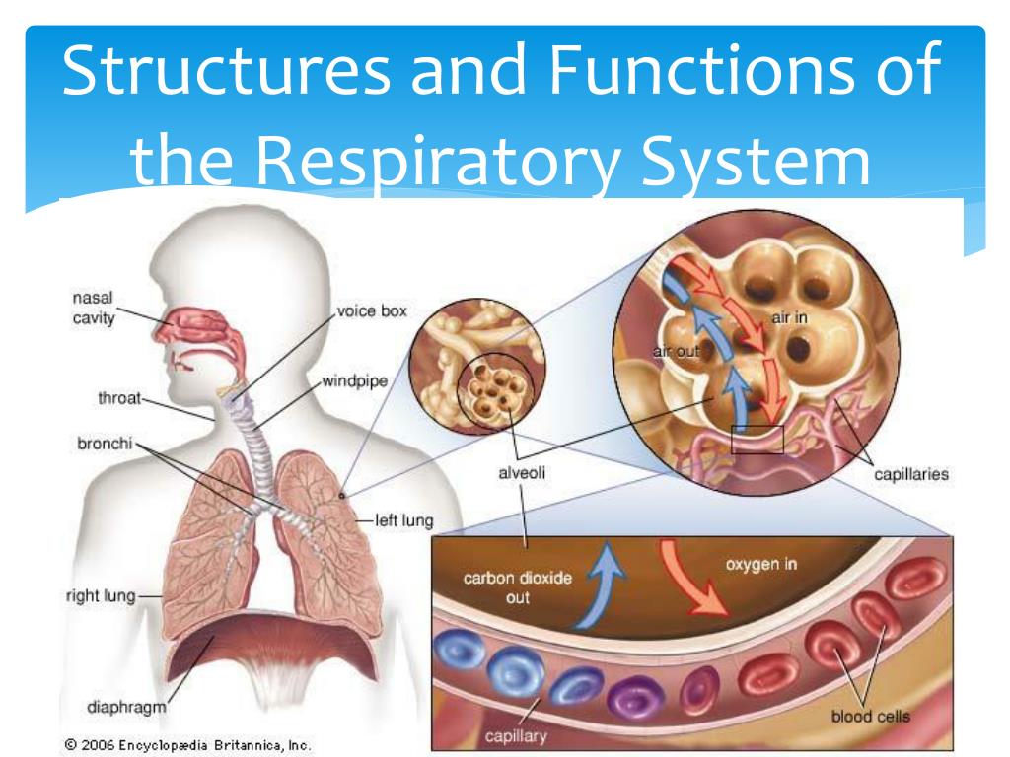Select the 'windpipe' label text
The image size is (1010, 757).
[352, 380]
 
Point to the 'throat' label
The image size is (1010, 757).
[119, 399]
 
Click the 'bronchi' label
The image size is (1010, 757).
[105, 443]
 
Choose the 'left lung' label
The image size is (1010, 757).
[404, 519]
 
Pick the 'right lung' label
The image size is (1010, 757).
[99, 595]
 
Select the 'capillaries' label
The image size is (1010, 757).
[911, 474]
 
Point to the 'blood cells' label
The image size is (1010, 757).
[870, 717]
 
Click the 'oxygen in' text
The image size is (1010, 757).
[761, 565]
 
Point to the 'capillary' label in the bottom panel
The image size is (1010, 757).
[515, 735]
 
